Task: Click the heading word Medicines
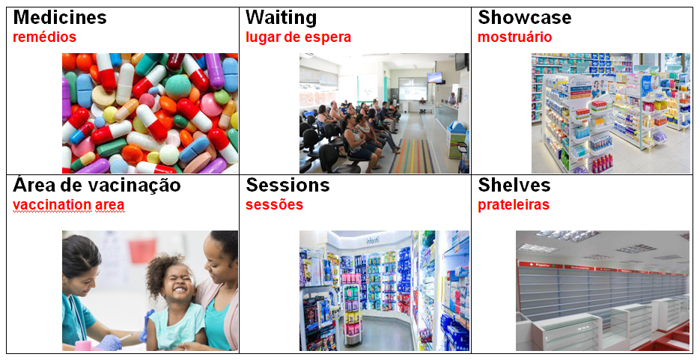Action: (x=60, y=17)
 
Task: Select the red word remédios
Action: (x=45, y=37)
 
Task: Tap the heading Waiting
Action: (x=281, y=18)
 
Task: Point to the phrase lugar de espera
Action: (x=298, y=37)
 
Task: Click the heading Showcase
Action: (x=525, y=17)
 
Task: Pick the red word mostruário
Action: (x=515, y=37)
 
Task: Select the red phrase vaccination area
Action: (x=69, y=205)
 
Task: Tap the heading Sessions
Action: (x=287, y=185)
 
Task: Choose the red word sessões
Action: (x=274, y=205)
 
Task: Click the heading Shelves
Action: (x=514, y=185)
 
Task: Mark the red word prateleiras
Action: (x=514, y=205)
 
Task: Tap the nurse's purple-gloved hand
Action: (x=109, y=342)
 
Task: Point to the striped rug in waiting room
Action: (x=412, y=156)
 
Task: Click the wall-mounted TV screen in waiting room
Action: (x=435, y=78)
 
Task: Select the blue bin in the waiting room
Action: (x=456, y=138)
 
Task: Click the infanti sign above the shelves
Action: (x=374, y=240)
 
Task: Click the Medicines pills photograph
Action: (x=150, y=113)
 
